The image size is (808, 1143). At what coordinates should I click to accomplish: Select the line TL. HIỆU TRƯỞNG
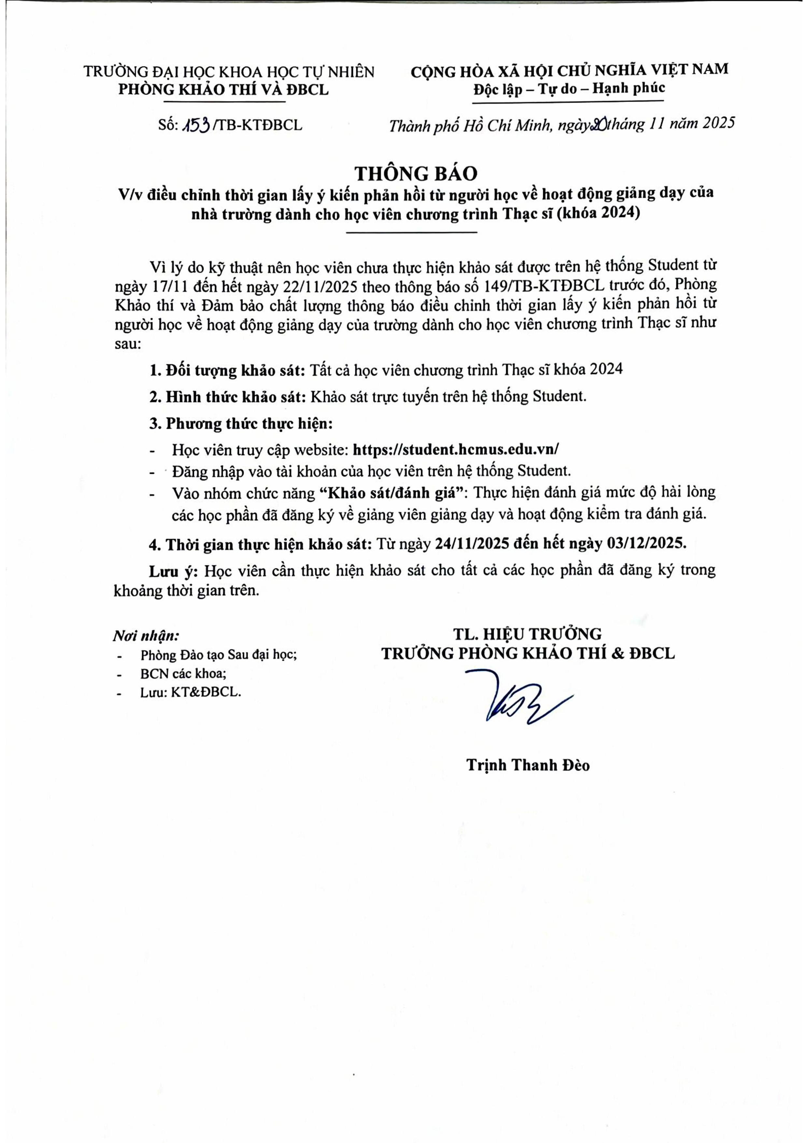click(x=527, y=634)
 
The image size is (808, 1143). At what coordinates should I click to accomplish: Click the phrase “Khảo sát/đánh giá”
click(x=391, y=493)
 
